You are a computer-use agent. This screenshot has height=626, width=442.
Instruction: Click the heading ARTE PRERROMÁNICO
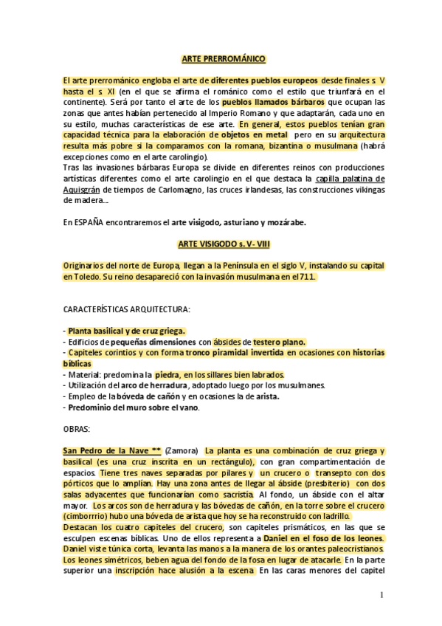coord(223,59)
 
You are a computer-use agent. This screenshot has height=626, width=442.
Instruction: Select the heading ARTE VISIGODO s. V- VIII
coord(223,243)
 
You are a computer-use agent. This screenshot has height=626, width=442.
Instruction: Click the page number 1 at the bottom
coord(381,594)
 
